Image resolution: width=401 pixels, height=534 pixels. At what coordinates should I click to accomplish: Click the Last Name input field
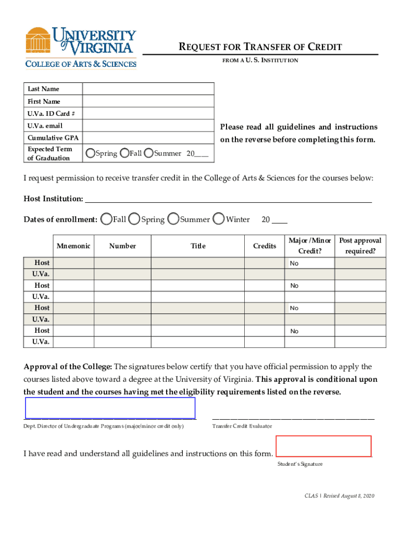[x=148, y=89]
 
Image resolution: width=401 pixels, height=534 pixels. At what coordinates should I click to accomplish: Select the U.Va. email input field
[x=148, y=126]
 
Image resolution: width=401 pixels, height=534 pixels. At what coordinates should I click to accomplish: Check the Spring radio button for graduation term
[x=91, y=153]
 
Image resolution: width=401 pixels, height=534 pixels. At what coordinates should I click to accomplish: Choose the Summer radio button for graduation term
[x=149, y=153]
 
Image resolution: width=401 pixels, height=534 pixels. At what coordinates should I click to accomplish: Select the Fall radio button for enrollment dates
[x=107, y=220]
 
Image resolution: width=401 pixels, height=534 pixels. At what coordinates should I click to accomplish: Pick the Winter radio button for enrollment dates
[x=220, y=220]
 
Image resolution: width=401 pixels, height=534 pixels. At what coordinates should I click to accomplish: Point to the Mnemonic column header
[x=73, y=246]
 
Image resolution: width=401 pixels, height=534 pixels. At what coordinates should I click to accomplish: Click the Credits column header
[x=265, y=246]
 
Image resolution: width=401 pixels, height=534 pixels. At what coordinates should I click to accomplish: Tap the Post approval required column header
[x=360, y=246]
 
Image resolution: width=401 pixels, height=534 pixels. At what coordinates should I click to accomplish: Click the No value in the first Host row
[x=295, y=263]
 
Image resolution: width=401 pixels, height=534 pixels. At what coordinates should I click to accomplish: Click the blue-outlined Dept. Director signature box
[x=110, y=408]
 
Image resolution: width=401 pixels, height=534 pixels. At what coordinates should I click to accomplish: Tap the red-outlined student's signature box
[x=323, y=446]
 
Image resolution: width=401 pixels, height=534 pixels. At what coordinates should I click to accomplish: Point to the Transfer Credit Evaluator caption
[x=242, y=427]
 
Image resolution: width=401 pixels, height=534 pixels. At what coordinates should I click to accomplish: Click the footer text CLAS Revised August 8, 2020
[x=340, y=495]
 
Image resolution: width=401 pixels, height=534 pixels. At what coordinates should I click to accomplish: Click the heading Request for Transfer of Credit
[x=260, y=47]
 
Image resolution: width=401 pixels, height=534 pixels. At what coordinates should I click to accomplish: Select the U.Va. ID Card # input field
[x=148, y=114]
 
